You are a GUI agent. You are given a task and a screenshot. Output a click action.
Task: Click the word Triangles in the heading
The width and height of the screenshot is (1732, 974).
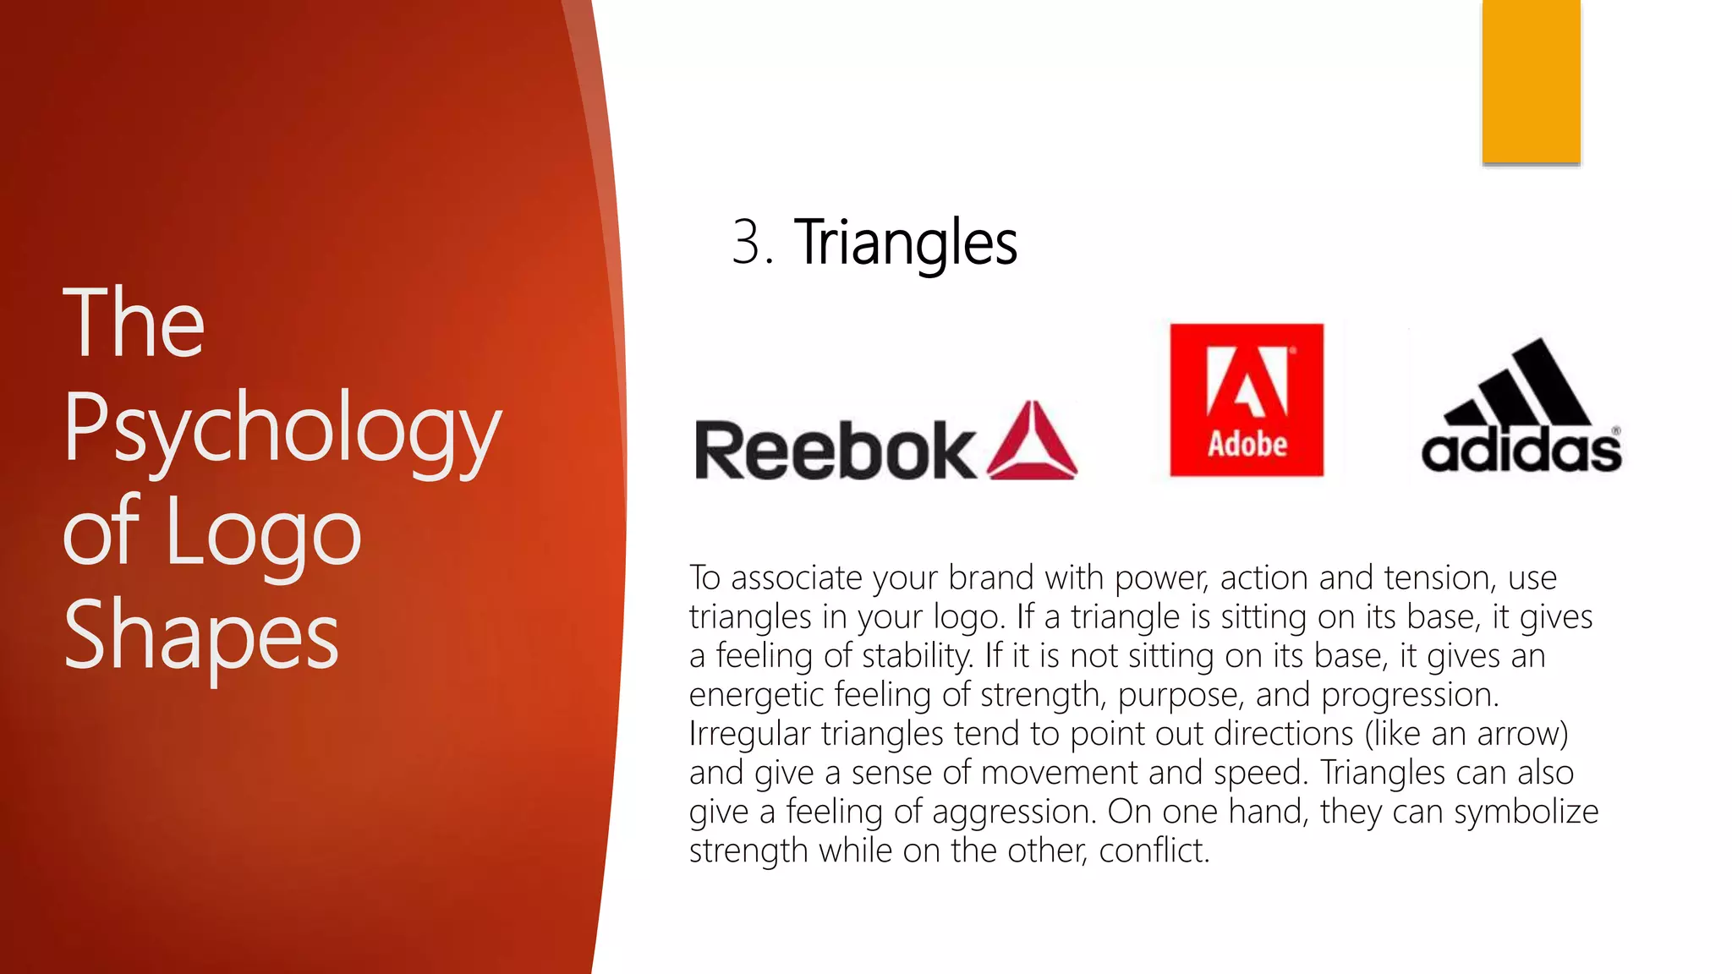(x=905, y=243)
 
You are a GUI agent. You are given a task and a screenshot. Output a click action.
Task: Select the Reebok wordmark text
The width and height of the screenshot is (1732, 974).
(x=835, y=451)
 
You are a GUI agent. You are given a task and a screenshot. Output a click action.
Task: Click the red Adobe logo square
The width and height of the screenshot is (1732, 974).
(x=1247, y=399)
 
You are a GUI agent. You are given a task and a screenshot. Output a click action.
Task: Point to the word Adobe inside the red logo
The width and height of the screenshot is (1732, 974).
(x=1247, y=444)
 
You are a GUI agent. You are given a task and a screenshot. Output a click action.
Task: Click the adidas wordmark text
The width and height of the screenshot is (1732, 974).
(x=1521, y=450)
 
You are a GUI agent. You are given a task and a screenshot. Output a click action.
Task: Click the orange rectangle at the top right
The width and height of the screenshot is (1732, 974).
(x=1531, y=81)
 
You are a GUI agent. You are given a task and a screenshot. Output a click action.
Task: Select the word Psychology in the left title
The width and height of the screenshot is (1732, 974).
(x=282, y=430)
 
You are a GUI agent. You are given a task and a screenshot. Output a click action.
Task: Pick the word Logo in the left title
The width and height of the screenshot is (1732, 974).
(x=264, y=533)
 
